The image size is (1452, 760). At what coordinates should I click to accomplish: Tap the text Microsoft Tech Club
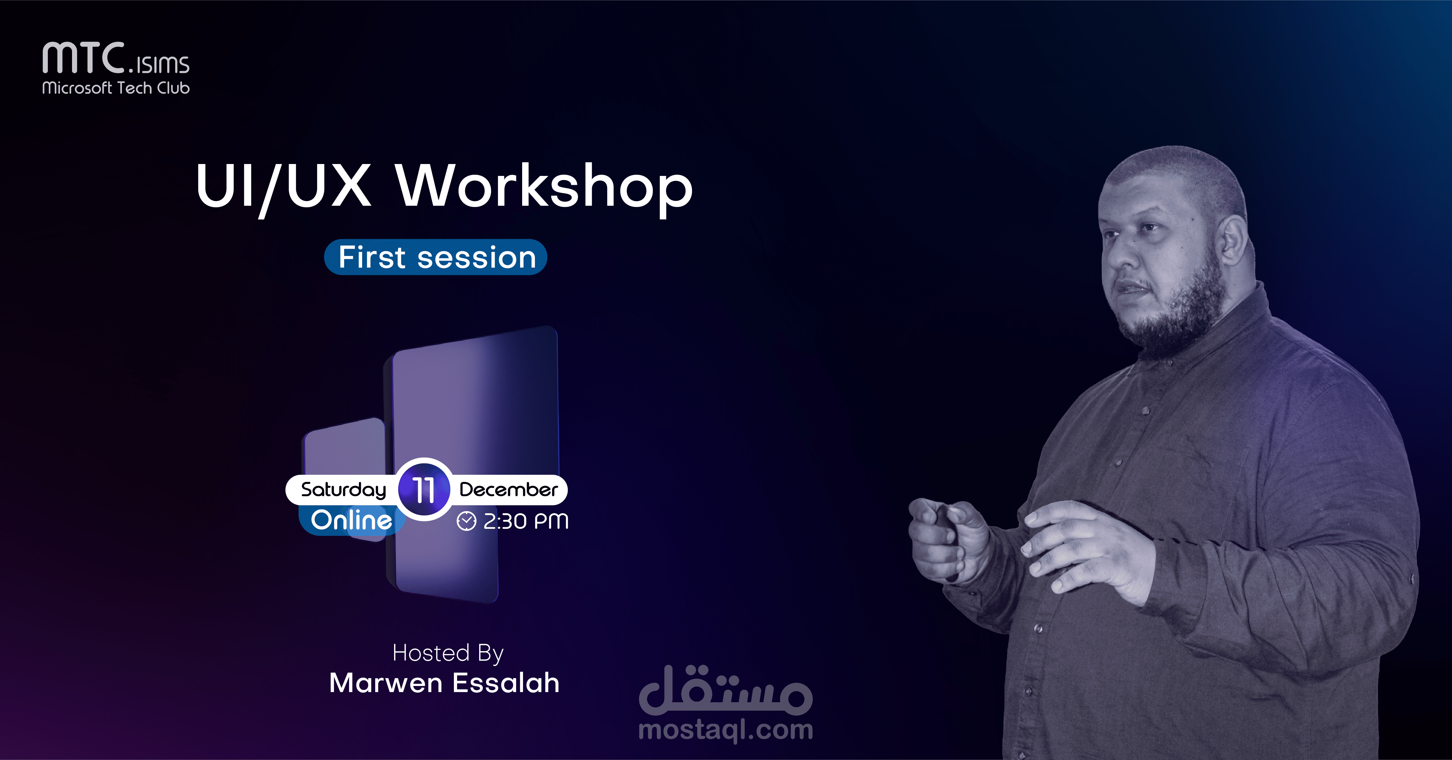click(116, 88)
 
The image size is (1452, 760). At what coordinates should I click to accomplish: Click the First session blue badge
click(436, 257)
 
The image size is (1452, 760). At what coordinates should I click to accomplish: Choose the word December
click(508, 489)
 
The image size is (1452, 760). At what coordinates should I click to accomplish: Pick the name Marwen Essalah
click(444, 683)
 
